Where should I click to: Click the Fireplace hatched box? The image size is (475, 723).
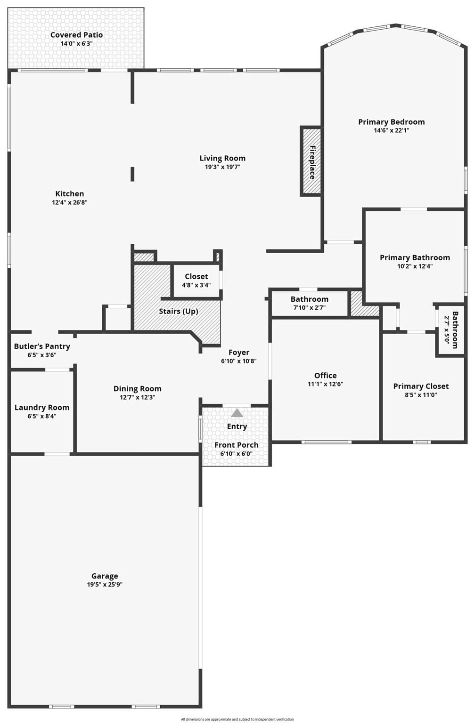[x=311, y=161]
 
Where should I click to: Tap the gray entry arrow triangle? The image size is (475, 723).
[x=237, y=413]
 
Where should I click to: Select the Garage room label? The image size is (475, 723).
[x=105, y=576]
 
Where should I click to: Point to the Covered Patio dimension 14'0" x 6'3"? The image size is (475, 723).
[x=77, y=43]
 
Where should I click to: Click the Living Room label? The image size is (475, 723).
[x=222, y=158]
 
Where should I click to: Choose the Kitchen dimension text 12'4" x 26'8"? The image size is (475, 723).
[x=70, y=202]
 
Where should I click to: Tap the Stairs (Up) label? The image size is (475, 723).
[x=179, y=311]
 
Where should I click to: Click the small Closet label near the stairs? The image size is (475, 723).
[x=197, y=276]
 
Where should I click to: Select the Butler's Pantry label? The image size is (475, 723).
[x=42, y=346]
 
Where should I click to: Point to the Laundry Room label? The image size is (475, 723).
[x=42, y=408]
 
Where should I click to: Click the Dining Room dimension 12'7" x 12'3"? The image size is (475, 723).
[x=137, y=397]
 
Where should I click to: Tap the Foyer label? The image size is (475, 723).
[x=239, y=353]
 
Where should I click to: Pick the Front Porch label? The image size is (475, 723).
[x=237, y=445]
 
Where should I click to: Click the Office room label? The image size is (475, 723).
[x=326, y=375]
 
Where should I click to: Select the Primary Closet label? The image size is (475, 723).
[x=421, y=386]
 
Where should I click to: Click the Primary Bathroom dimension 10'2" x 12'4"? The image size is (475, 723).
[x=415, y=266]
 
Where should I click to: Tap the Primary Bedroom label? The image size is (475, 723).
[x=391, y=122]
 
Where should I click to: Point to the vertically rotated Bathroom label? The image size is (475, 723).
[x=455, y=330]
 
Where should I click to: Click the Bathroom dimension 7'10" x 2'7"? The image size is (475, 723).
[x=309, y=307]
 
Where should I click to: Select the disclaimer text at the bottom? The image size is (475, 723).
[x=237, y=719]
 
